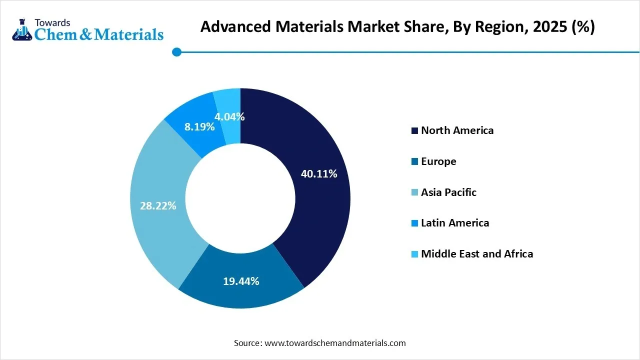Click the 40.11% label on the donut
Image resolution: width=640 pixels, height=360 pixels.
[x=318, y=174]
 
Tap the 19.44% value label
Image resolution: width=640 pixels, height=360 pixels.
[x=240, y=281]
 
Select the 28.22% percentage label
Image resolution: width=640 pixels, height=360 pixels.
[x=158, y=205]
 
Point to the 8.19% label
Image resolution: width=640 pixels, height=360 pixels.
[x=199, y=126]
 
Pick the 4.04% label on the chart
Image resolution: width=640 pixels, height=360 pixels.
[x=229, y=117]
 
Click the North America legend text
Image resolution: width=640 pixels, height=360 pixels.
[x=457, y=130]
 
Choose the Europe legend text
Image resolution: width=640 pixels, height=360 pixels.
[x=438, y=161]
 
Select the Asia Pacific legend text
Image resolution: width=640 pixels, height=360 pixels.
[x=448, y=192]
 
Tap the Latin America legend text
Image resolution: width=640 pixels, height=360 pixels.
[x=455, y=223]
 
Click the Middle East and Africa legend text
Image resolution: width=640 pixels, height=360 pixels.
[x=477, y=254]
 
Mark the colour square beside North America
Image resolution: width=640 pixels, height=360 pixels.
[x=414, y=131]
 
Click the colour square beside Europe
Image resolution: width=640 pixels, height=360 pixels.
[x=414, y=162]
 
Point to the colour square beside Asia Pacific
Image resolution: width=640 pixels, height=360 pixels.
[x=414, y=193]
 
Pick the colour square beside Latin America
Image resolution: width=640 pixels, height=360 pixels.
[x=414, y=223]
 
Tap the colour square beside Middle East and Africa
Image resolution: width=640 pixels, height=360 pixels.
[x=414, y=254]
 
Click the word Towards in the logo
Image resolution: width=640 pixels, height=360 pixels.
[x=52, y=22]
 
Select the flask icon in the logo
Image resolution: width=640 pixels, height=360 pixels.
[x=21, y=30]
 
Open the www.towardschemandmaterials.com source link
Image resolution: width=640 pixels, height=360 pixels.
[x=335, y=343]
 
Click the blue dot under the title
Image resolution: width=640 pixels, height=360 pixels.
[x=176, y=51]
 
